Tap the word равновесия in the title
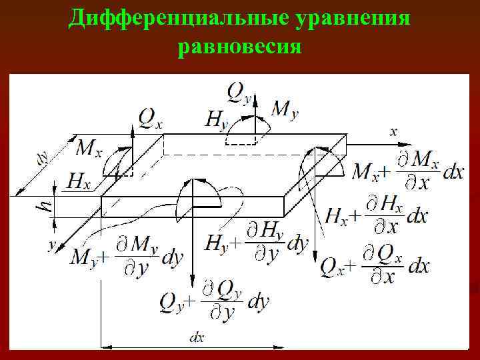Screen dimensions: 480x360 pos(240,48)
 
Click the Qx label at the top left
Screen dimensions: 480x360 pos(151,118)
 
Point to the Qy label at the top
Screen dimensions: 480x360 pos(239,91)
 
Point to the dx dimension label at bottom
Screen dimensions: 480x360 pos(197,338)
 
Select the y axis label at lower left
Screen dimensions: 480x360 pos(51,245)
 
